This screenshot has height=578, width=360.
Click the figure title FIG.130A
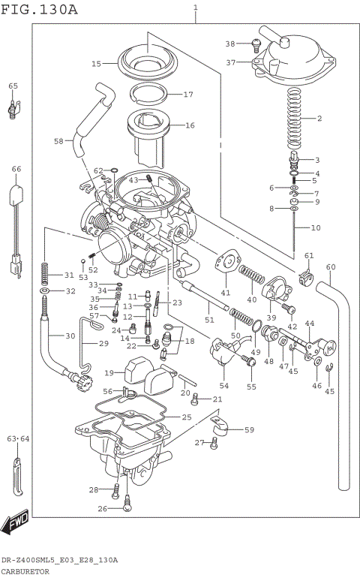[39, 9]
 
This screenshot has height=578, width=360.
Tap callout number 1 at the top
[196, 8]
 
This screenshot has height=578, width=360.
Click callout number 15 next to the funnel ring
[96, 64]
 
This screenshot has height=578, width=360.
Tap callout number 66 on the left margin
[16, 170]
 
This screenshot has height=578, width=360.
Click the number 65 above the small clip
[13, 86]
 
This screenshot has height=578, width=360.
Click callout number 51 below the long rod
[209, 321]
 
